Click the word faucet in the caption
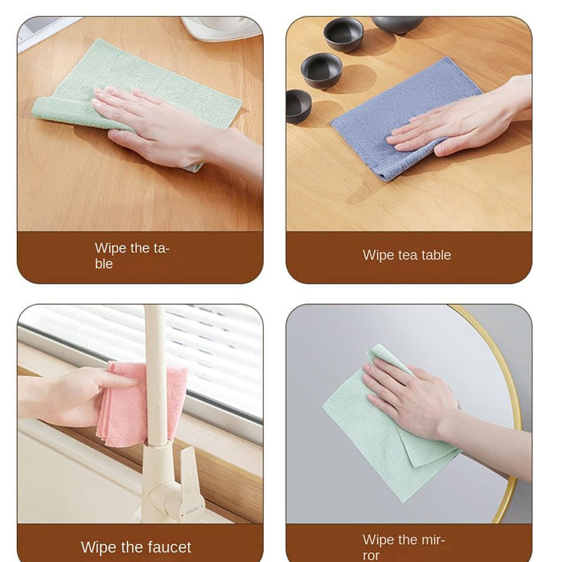tap(169, 547)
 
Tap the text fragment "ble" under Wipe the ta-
tap(104, 264)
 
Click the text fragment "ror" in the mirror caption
tap(371, 556)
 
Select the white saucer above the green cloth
tap(220, 28)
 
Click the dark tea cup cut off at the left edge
tap(298, 106)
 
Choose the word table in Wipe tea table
tap(436, 255)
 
